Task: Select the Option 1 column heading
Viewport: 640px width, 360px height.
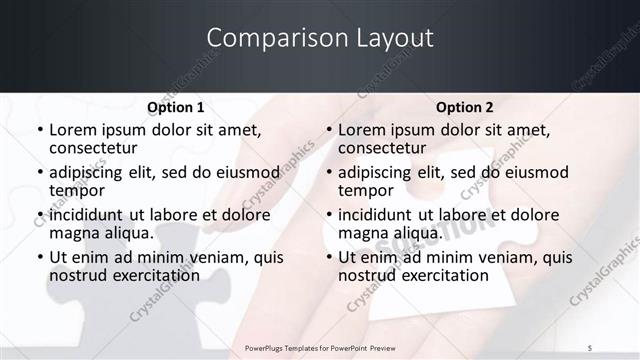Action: click(x=176, y=107)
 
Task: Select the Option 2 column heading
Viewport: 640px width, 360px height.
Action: click(x=465, y=107)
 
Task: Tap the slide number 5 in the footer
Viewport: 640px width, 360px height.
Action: click(x=590, y=346)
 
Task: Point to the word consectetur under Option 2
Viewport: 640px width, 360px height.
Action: click(x=382, y=148)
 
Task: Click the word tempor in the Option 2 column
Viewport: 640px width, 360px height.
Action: click(x=363, y=190)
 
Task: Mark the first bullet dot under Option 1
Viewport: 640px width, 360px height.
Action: click(x=39, y=131)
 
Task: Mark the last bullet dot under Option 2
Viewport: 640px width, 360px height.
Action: click(x=328, y=258)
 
